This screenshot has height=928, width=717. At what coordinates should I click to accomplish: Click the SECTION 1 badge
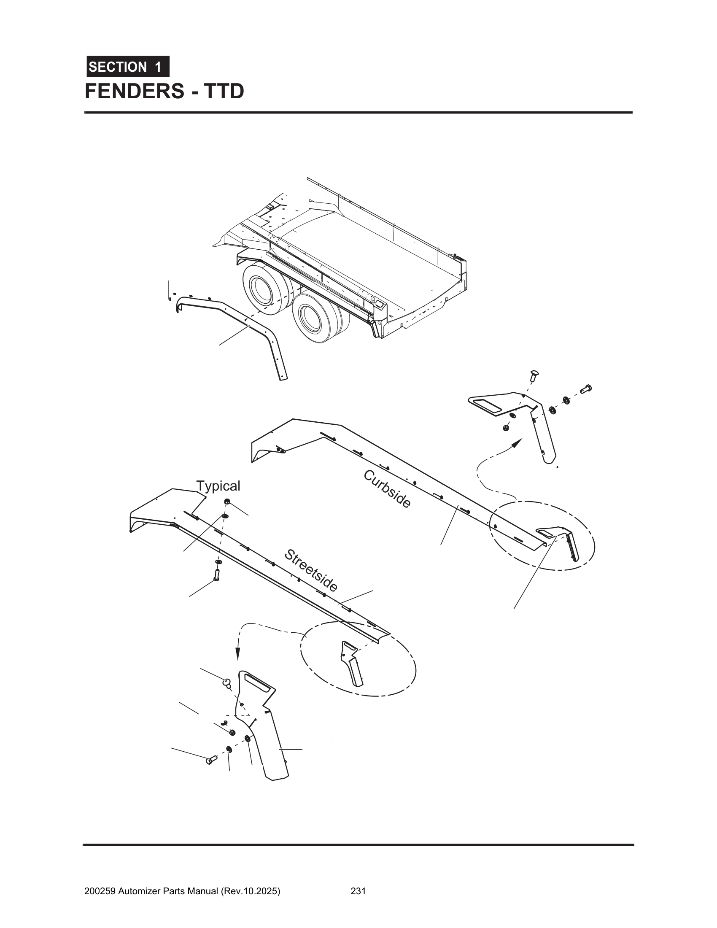[128, 67]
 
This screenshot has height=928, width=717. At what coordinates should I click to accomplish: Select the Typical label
[218, 486]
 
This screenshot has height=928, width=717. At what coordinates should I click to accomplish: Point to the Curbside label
[387, 489]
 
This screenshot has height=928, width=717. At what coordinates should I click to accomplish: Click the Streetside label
[311, 570]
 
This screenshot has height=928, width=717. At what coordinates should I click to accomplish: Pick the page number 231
[358, 879]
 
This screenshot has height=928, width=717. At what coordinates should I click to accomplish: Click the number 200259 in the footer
[100, 879]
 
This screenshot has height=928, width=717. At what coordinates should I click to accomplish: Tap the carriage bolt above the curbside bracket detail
[534, 375]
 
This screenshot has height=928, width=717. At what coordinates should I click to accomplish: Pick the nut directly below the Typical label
[227, 502]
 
